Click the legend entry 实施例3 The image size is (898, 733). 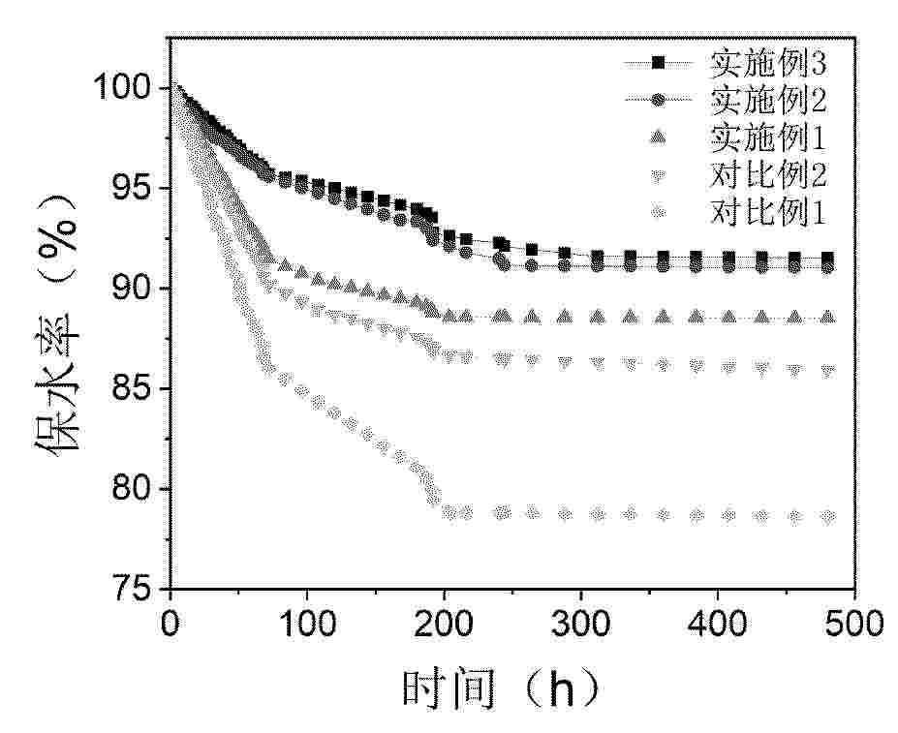coord(767,64)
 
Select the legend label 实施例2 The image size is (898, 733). coord(767,100)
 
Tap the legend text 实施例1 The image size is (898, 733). coord(767,137)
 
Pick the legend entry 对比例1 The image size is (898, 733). coord(767,210)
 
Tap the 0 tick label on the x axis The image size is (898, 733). coord(170,621)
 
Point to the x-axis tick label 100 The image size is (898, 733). coord(307,621)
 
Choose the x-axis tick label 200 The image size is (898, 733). coord(444,621)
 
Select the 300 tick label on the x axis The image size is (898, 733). coord(580,621)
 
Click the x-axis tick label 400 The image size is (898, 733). coord(717,621)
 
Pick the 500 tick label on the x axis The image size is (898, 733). coord(852,621)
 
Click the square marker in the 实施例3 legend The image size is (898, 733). coord(658,64)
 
